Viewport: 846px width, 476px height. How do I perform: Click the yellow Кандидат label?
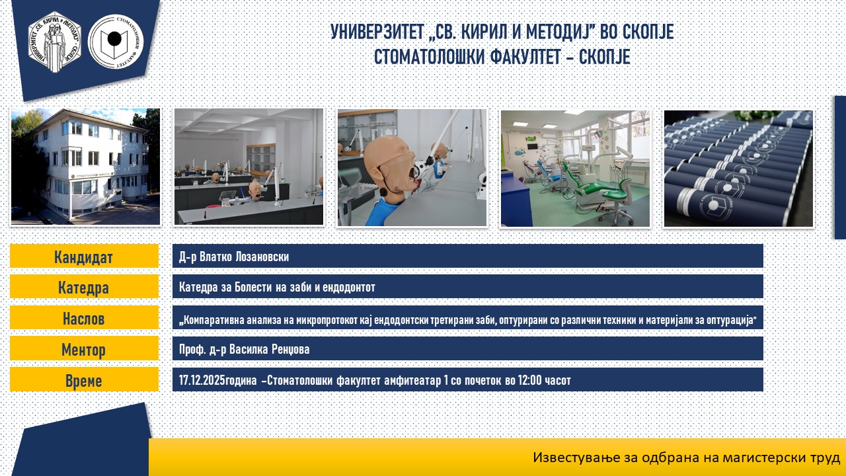[84, 256]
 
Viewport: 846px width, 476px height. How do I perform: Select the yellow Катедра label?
[84, 287]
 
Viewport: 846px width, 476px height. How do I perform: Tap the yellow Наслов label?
[84, 318]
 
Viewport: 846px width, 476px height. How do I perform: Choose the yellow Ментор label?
[84, 348]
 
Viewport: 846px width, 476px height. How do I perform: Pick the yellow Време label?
[84, 379]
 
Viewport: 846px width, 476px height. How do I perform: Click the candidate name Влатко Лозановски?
[244, 257]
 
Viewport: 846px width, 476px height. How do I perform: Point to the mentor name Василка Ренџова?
[269, 349]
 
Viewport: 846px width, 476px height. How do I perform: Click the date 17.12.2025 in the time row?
[202, 380]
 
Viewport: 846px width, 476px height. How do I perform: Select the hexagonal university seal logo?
[55, 42]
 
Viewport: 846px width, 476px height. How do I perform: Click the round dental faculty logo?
[116, 42]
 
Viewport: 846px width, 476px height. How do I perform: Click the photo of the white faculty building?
[86, 167]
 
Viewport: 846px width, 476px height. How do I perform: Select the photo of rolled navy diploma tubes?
[738, 169]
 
